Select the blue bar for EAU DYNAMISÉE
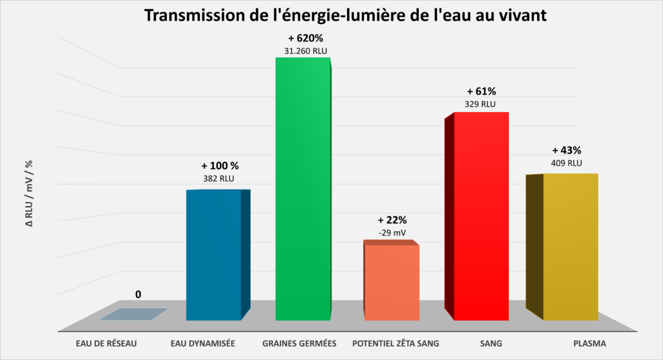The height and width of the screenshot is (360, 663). point(214,255)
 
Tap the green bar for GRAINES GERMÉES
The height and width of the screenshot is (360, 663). point(303,188)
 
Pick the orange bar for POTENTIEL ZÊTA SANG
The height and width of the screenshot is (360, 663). point(391,282)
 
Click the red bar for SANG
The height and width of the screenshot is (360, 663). point(480,216)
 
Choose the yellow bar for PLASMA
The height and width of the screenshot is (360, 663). point(569,247)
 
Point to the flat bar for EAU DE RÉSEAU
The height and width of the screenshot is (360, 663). point(133,314)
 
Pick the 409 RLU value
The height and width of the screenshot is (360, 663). point(567,163)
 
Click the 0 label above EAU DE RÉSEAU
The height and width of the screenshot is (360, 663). point(138,295)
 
